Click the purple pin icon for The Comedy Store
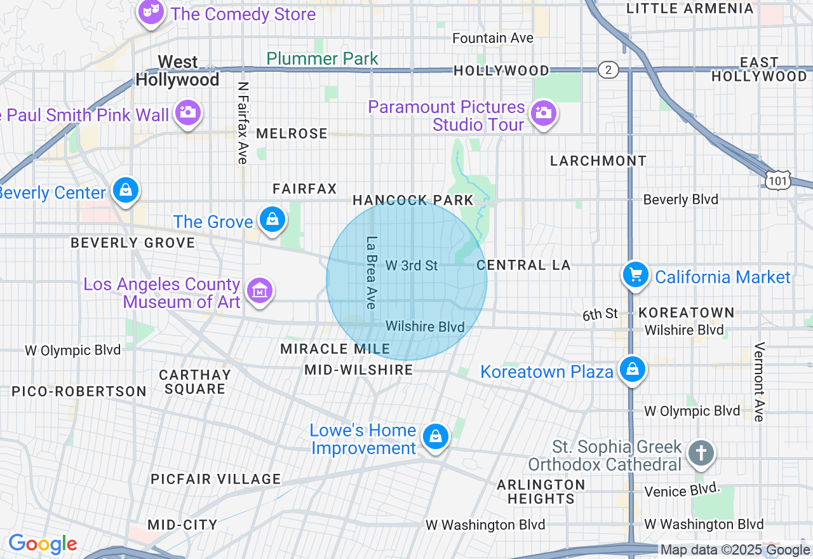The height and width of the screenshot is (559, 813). (x=151, y=11)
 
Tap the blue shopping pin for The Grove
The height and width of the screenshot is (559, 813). (x=272, y=220)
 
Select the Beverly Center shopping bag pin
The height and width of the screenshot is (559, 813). (x=126, y=191)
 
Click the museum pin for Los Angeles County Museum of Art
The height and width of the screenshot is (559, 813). (x=259, y=291)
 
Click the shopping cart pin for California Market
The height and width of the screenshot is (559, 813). (x=635, y=276)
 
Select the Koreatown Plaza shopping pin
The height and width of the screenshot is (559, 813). (x=632, y=370)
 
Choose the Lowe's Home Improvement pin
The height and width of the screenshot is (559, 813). (x=436, y=437)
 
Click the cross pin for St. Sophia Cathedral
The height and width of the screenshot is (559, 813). (x=701, y=454)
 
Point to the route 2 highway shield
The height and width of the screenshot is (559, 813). (x=608, y=70)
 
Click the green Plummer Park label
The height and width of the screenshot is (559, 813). (x=322, y=59)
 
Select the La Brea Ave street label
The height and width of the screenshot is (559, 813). (x=371, y=273)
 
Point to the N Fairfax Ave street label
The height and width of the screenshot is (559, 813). (x=242, y=122)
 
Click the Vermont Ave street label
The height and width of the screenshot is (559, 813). (x=758, y=382)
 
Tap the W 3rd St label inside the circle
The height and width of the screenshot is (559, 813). (x=412, y=266)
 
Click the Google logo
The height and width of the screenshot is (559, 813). (x=43, y=544)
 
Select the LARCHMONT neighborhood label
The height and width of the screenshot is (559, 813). (x=598, y=161)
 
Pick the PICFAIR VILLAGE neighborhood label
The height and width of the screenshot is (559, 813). (x=215, y=479)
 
